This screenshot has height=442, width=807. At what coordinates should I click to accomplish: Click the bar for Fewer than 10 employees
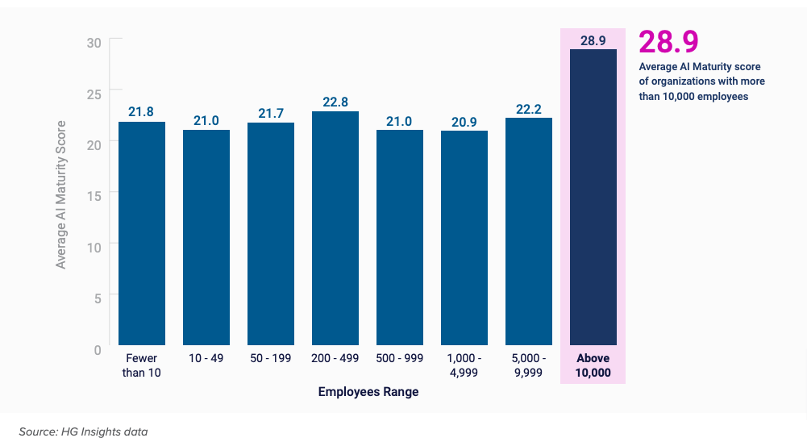pos(142,234)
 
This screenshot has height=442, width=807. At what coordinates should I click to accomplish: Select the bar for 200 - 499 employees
pos(335,229)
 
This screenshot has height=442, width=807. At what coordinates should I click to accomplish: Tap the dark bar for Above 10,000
pos(593,198)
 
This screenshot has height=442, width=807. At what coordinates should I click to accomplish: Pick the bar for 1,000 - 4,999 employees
pos(464,238)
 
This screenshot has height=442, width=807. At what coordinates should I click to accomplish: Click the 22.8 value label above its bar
pos(335,102)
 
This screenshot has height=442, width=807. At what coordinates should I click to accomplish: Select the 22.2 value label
pos(529,108)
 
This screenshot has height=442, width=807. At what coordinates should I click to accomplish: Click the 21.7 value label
pos(271,113)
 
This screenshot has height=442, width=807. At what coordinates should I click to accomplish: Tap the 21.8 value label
pos(142,112)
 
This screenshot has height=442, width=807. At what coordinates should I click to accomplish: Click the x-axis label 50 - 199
pos(271,358)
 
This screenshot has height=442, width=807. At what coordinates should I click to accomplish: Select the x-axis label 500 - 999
pos(400,358)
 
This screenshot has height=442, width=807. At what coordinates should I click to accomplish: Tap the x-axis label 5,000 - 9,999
pos(529,365)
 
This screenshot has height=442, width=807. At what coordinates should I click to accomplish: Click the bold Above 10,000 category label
pos(593,365)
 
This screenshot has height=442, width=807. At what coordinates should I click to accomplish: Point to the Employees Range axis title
pos(368,392)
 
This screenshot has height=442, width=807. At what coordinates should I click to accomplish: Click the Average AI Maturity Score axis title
pos(61,194)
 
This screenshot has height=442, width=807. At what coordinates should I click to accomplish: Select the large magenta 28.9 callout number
pos(668,42)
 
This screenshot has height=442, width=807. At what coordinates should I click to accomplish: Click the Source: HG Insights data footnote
pos(83,432)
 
